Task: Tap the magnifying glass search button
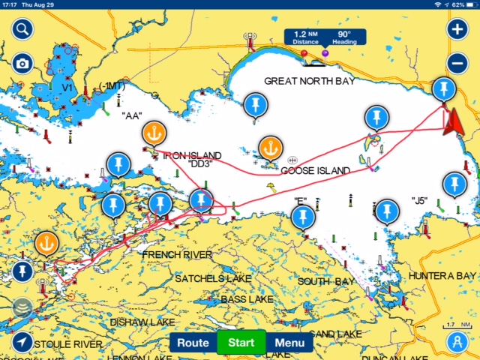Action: click(x=22, y=30)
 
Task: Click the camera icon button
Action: click(x=22, y=64)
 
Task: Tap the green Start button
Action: click(x=241, y=343)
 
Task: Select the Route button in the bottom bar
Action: click(x=193, y=343)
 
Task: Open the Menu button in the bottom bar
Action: click(x=289, y=343)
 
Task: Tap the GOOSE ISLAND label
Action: click(x=315, y=171)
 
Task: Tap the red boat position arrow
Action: click(x=452, y=121)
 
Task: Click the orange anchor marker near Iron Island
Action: click(x=153, y=133)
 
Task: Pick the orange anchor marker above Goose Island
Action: click(x=269, y=147)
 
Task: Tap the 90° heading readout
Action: click(x=344, y=37)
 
